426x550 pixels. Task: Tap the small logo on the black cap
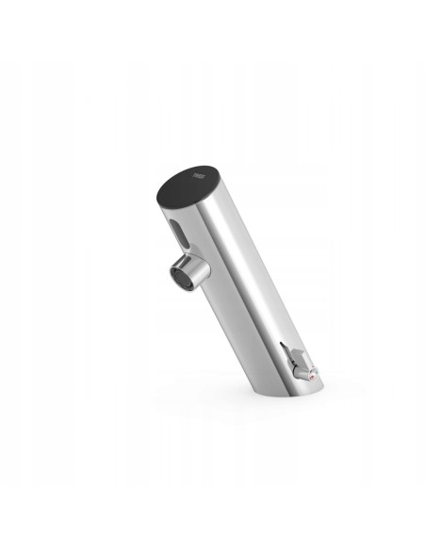(x=197, y=174)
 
